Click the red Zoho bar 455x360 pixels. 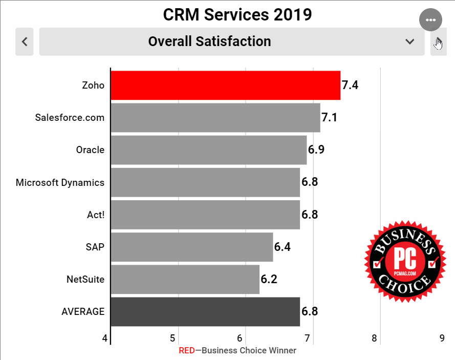[x=225, y=85]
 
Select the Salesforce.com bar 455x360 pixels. [x=215, y=117]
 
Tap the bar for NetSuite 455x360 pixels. [x=185, y=279]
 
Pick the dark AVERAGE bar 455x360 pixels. [x=205, y=311]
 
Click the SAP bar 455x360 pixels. [x=191, y=247]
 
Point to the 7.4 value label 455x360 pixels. [x=350, y=85]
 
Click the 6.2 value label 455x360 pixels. [x=269, y=279]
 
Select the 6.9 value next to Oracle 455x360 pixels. [x=316, y=150]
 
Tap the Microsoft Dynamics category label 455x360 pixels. [x=60, y=182]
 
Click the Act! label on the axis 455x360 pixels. [x=96, y=215]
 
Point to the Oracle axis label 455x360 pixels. [x=90, y=150]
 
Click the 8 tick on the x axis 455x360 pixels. [x=375, y=338]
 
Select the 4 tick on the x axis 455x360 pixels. [x=105, y=338]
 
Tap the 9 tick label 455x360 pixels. [x=442, y=338]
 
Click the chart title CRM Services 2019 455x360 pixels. [x=237, y=14]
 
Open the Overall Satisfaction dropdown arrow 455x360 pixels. [x=409, y=41]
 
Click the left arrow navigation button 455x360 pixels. [x=25, y=41]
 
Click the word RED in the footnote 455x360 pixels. [x=186, y=351]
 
